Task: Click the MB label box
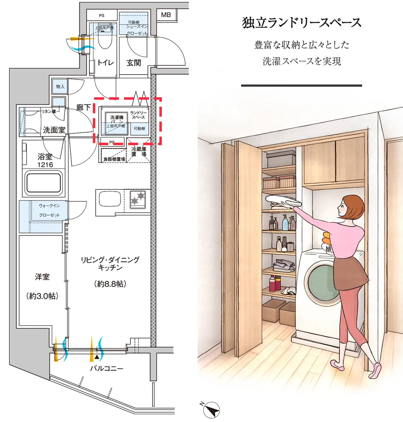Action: click(166, 15)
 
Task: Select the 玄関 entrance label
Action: click(134, 63)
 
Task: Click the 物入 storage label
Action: click(60, 87)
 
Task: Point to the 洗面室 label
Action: click(54, 130)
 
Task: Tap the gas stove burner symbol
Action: click(137, 198)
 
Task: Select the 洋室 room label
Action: click(42, 277)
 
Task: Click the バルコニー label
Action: click(106, 368)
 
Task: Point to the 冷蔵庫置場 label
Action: click(139, 152)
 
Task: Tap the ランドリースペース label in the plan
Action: click(138, 115)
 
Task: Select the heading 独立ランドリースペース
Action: click(301, 23)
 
